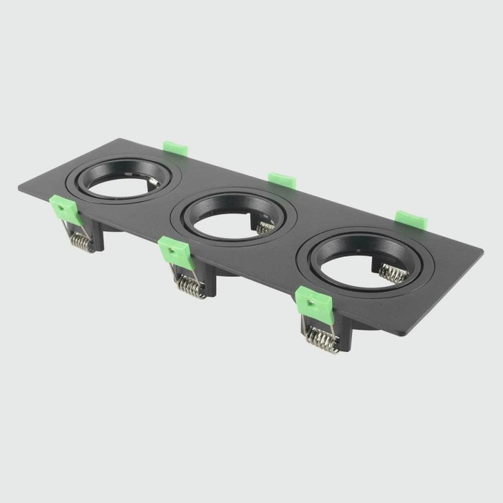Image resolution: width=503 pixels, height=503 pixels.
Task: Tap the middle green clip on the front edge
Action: [x=173, y=251]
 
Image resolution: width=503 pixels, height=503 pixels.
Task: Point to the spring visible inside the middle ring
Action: [x=265, y=228]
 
